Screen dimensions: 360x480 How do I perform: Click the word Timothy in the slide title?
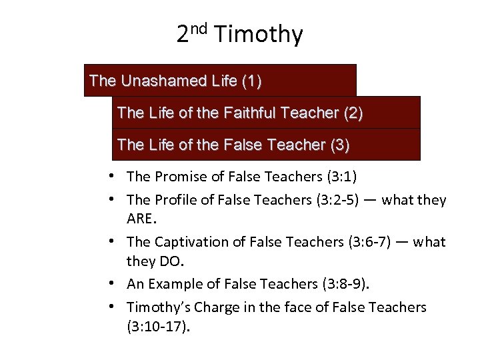[265, 34]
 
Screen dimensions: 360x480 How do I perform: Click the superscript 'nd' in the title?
[201, 29]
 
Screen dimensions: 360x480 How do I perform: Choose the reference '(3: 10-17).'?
[158, 327]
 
